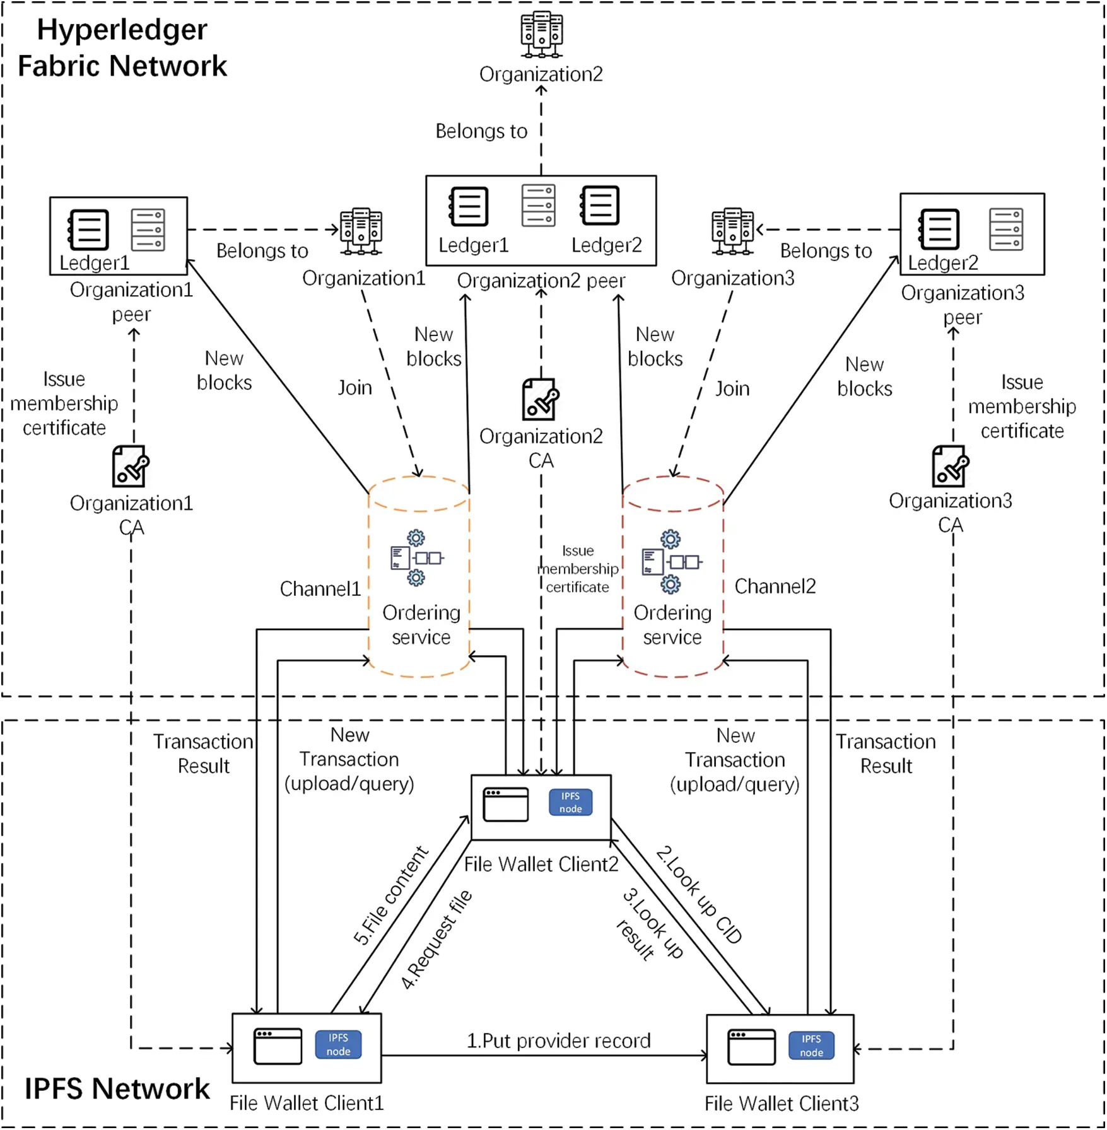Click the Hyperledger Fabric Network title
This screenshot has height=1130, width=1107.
tap(122, 48)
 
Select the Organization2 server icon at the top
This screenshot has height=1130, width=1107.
tap(541, 35)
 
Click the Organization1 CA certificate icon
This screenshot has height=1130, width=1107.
tap(130, 467)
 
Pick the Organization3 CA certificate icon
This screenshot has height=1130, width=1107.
tap(949, 467)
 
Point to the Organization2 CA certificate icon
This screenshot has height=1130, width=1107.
tap(541, 400)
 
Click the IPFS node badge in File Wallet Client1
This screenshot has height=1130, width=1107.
tap(338, 1044)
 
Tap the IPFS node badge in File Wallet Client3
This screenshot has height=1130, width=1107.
tap(811, 1046)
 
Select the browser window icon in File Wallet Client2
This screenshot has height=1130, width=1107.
tap(506, 805)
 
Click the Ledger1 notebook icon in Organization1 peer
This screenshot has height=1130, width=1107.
tap(88, 230)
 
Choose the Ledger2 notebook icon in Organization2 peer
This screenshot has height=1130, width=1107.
tap(600, 205)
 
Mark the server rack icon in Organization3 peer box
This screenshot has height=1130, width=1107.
tap(1006, 230)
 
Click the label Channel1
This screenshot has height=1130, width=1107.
tap(320, 589)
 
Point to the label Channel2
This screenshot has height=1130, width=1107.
tap(775, 586)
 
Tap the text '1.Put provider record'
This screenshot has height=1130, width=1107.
tap(558, 1040)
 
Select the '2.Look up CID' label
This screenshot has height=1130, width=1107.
tap(699, 895)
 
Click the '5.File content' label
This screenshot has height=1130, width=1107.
tap(390, 895)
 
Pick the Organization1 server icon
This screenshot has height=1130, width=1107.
tap(361, 231)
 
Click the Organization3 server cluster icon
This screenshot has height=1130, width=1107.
tap(732, 231)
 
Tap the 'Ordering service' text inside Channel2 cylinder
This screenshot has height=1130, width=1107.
tap(672, 624)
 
